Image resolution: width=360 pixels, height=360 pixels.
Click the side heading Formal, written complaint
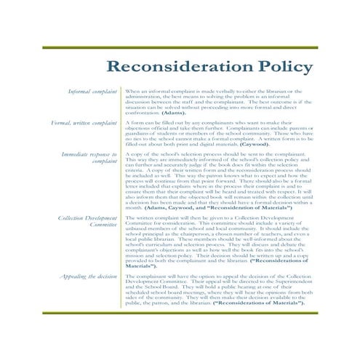pyautogui.click(x=84, y=123)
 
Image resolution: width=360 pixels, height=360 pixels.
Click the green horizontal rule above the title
pyautogui.click(x=180, y=47)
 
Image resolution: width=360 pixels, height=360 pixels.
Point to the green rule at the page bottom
pyautogui.click(x=180, y=312)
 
